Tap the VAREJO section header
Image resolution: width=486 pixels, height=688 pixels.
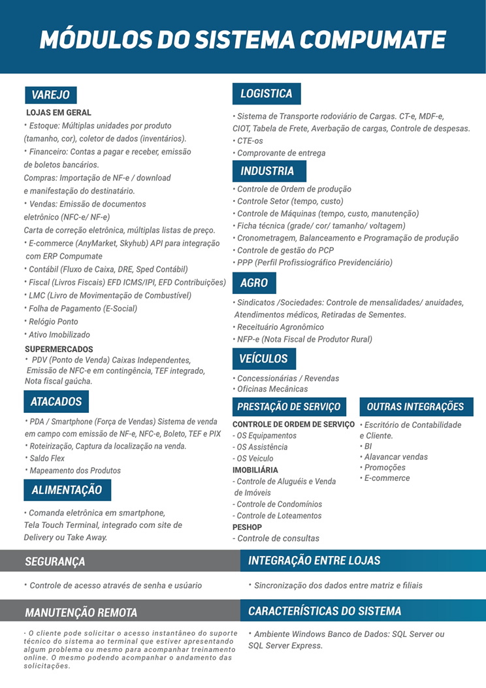[50, 95]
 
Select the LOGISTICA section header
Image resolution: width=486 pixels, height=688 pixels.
[267, 94]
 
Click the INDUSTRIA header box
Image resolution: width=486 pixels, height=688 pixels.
[268, 171]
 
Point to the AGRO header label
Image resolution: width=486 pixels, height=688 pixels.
[254, 283]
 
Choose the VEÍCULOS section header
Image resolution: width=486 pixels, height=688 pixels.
[264, 359]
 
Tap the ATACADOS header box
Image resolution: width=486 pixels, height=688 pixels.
[56, 401]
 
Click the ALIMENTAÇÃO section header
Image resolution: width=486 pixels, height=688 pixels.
[67, 490]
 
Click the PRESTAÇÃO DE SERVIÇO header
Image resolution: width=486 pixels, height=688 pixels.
[289, 406]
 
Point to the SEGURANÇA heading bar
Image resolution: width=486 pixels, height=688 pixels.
[55, 561]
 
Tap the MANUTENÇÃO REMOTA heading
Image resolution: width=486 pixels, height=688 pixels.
[81, 612]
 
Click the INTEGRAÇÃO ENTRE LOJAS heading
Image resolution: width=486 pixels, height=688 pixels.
[314, 561]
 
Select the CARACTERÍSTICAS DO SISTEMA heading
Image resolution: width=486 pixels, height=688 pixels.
[325, 612]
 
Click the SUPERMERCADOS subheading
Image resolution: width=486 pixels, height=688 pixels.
[59, 350]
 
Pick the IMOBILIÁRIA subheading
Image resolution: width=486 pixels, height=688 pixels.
[255, 470]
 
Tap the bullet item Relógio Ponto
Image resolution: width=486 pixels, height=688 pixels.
[53, 321]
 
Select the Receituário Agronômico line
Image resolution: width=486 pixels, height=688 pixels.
[280, 327]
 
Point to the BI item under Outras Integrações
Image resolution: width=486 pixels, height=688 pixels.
[368, 446]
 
